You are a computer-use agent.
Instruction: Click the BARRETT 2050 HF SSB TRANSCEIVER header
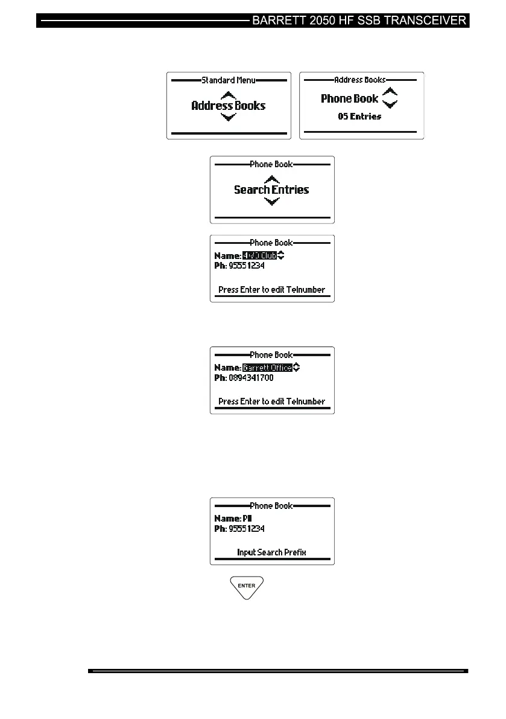pos(359,21)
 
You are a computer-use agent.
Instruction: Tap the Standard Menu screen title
pos(228,80)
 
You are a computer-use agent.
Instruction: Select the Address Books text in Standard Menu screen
pos(228,106)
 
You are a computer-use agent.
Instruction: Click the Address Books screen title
pos(360,80)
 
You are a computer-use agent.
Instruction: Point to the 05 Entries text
pos(359,117)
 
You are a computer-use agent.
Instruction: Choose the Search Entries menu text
pos(271,190)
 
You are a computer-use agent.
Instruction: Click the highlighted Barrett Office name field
pos(267,368)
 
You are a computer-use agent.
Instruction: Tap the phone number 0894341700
pos(251,378)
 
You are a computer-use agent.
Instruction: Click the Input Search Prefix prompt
pos(271,552)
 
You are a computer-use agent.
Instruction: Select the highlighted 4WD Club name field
pos(259,255)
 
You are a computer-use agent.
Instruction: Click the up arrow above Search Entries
pos(272,179)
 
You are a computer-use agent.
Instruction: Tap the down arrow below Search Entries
pos(272,202)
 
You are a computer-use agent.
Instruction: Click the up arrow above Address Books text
pos(228,94)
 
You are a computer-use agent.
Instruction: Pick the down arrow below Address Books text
pos(228,117)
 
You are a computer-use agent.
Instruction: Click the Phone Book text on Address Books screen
pos(349,98)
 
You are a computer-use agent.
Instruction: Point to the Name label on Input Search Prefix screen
pos(227,519)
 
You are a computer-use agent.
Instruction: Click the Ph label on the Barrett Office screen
pos(220,378)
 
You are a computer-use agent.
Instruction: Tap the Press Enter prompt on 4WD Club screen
pos(271,290)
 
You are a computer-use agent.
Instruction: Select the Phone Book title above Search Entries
pos(271,164)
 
